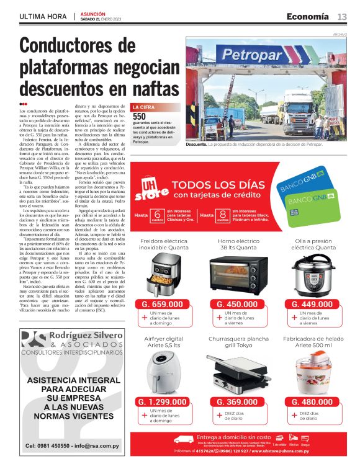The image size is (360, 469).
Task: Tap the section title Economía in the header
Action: click(x=307, y=16)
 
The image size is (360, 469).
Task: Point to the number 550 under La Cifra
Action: click(x=140, y=116)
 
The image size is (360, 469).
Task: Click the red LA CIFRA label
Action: click(x=145, y=107)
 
